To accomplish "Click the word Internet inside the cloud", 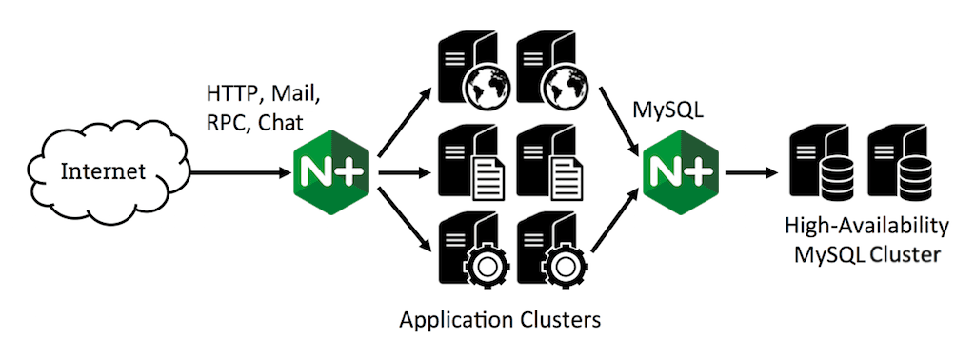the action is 103,171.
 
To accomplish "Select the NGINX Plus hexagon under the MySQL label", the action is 680,172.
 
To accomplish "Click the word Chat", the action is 281,122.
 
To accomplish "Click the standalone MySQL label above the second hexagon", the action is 667,110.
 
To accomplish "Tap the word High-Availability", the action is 867,227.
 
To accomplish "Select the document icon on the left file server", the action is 487,178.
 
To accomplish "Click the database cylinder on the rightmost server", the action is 913,177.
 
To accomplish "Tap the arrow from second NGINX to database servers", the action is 751,172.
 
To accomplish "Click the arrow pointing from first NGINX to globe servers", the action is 404,121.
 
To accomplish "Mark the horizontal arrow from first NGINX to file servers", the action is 404,172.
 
